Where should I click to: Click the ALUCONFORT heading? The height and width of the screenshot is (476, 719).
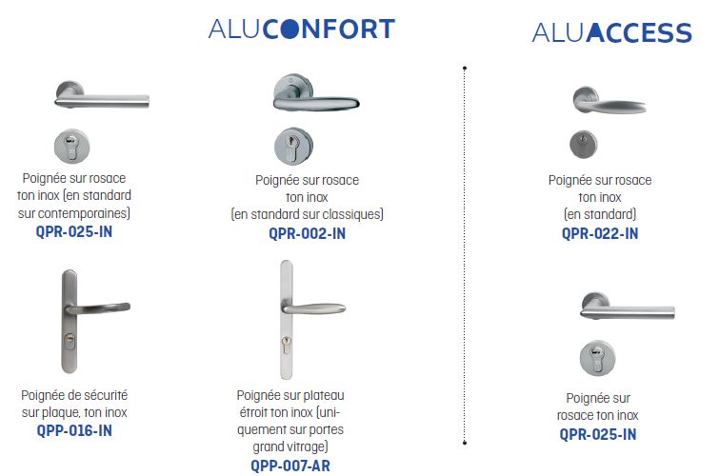click(301, 29)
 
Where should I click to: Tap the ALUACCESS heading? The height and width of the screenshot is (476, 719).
click(611, 32)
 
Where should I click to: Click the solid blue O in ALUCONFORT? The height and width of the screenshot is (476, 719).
click(287, 29)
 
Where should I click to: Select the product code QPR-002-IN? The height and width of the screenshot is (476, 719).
click(307, 233)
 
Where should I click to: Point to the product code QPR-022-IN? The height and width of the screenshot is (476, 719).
click(600, 233)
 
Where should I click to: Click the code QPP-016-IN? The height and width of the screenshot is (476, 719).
click(74, 430)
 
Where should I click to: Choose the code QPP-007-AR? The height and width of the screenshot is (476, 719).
click(290, 466)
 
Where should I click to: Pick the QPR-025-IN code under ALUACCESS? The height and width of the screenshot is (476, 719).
click(597, 434)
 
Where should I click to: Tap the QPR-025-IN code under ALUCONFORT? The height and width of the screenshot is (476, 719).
click(74, 231)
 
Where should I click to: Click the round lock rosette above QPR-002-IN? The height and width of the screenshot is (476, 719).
click(293, 147)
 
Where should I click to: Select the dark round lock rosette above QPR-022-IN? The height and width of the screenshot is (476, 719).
click(583, 144)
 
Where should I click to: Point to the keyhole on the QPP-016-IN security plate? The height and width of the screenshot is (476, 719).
click(70, 340)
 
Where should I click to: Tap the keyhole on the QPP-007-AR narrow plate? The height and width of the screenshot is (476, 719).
click(286, 344)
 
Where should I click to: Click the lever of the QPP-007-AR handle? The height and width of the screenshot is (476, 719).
click(314, 308)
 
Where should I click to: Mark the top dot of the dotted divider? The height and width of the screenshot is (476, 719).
click(465, 68)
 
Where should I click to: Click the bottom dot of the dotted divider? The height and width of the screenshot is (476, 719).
click(465, 443)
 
